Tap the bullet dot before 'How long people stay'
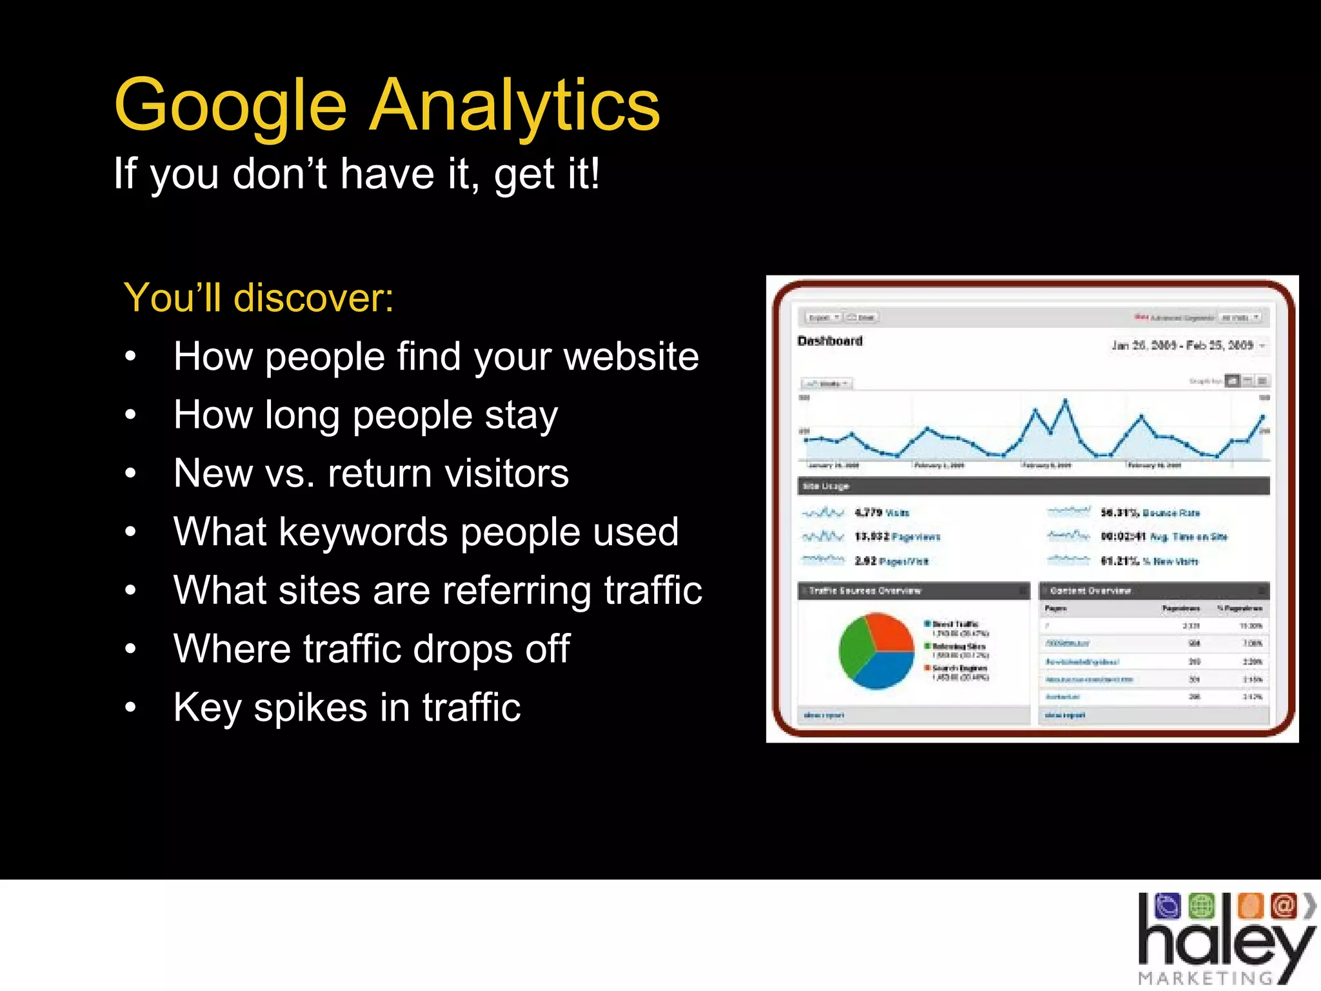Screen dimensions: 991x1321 point(131,415)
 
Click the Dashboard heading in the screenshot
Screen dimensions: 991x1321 point(829,341)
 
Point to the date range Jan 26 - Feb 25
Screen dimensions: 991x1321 point(1182,345)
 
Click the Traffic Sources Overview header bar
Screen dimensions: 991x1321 point(913,590)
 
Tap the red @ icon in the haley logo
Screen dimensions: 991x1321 point(1283,906)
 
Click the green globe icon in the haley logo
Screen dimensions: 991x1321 point(1201,906)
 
